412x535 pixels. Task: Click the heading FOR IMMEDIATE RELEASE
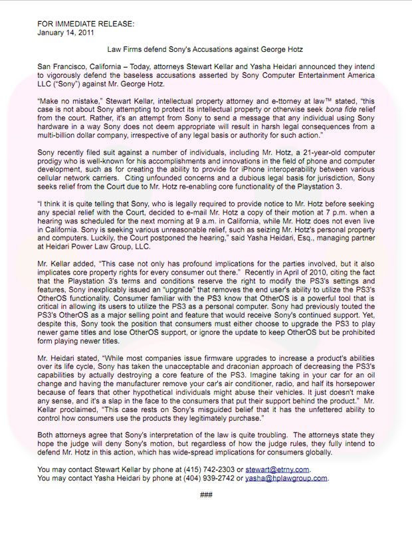(x=86, y=23)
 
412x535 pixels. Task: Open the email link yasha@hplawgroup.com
(x=286, y=477)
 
